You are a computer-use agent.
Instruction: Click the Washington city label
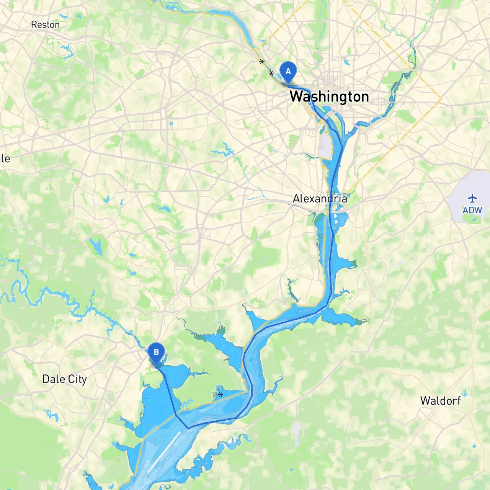click(329, 96)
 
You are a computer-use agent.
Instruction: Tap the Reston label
click(45, 25)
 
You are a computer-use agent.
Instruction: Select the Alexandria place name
click(320, 199)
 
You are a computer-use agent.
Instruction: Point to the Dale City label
click(64, 379)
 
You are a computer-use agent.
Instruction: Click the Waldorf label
click(440, 401)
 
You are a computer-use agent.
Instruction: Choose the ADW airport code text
click(472, 210)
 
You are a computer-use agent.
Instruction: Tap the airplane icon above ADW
click(472, 198)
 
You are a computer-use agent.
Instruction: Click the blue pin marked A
click(288, 72)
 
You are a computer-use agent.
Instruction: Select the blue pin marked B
click(156, 353)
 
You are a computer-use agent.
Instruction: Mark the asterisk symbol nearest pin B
click(220, 394)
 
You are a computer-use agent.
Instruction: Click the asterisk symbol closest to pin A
click(271, 73)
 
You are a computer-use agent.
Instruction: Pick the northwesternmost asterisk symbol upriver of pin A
click(262, 61)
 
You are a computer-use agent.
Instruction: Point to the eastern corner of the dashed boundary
click(441, 99)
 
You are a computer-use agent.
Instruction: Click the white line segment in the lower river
click(164, 452)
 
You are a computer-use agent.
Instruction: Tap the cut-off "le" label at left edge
click(5, 158)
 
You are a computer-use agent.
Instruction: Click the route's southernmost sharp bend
click(188, 428)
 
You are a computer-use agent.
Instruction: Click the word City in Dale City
click(78, 379)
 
